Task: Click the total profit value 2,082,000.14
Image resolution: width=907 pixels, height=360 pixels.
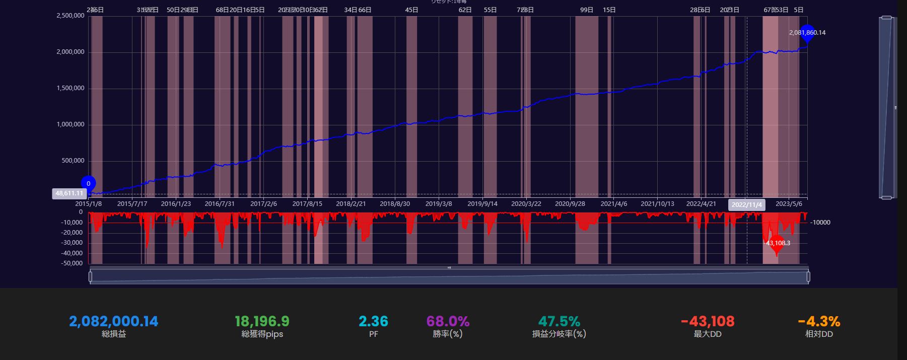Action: (113, 321)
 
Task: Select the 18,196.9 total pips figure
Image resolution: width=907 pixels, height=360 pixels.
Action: (262, 321)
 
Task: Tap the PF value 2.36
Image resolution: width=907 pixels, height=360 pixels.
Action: (373, 321)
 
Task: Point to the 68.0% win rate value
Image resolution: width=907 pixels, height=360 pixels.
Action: (448, 321)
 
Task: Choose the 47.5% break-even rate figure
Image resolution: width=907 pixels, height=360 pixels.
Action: (559, 321)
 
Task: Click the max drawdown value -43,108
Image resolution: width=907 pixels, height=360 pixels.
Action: (708, 321)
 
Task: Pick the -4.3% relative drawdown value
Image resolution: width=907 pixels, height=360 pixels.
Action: (819, 321)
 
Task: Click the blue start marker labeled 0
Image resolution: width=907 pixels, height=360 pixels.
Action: (88, 184)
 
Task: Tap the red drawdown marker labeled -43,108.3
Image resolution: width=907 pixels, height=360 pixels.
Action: (777, 243)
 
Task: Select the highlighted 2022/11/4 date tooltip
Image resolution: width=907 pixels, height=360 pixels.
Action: (746, 205)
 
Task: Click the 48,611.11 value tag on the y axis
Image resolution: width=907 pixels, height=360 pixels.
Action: (69, 193)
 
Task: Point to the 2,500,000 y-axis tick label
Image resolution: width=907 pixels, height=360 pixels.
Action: (71, 16)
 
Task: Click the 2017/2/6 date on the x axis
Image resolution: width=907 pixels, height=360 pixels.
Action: (264, 204)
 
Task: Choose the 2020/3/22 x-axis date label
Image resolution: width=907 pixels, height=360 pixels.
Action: (526, 204)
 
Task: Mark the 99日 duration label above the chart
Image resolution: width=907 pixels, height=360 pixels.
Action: (587, 10)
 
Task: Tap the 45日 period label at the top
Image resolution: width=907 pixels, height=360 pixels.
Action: (411, 10)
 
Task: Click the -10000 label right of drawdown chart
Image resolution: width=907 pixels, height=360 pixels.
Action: (820, 223)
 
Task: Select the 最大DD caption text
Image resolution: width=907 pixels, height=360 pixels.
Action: (708, 334)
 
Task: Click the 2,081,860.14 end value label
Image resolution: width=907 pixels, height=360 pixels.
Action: (807, 33)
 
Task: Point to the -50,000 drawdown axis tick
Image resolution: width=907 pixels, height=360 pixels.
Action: (73, 263)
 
